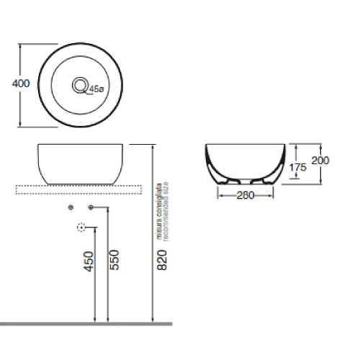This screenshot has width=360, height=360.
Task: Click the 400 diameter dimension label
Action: pos(21,84)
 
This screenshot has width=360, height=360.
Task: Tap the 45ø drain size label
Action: pos(97,89)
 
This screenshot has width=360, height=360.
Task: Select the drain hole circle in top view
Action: pos(79,85)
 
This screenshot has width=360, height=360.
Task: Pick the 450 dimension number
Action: pos(89,261)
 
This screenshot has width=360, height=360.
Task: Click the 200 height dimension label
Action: pos(320,161)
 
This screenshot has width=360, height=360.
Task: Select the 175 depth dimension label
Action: pos(298,166)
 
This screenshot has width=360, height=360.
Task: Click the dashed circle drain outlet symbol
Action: pos(81,228)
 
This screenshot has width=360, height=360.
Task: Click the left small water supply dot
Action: pos(70,207)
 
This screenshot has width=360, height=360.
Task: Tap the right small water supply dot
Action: pos(91,207)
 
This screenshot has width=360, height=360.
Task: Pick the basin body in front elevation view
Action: pos(81,163)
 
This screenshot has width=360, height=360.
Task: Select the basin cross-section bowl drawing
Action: pos(245,162)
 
